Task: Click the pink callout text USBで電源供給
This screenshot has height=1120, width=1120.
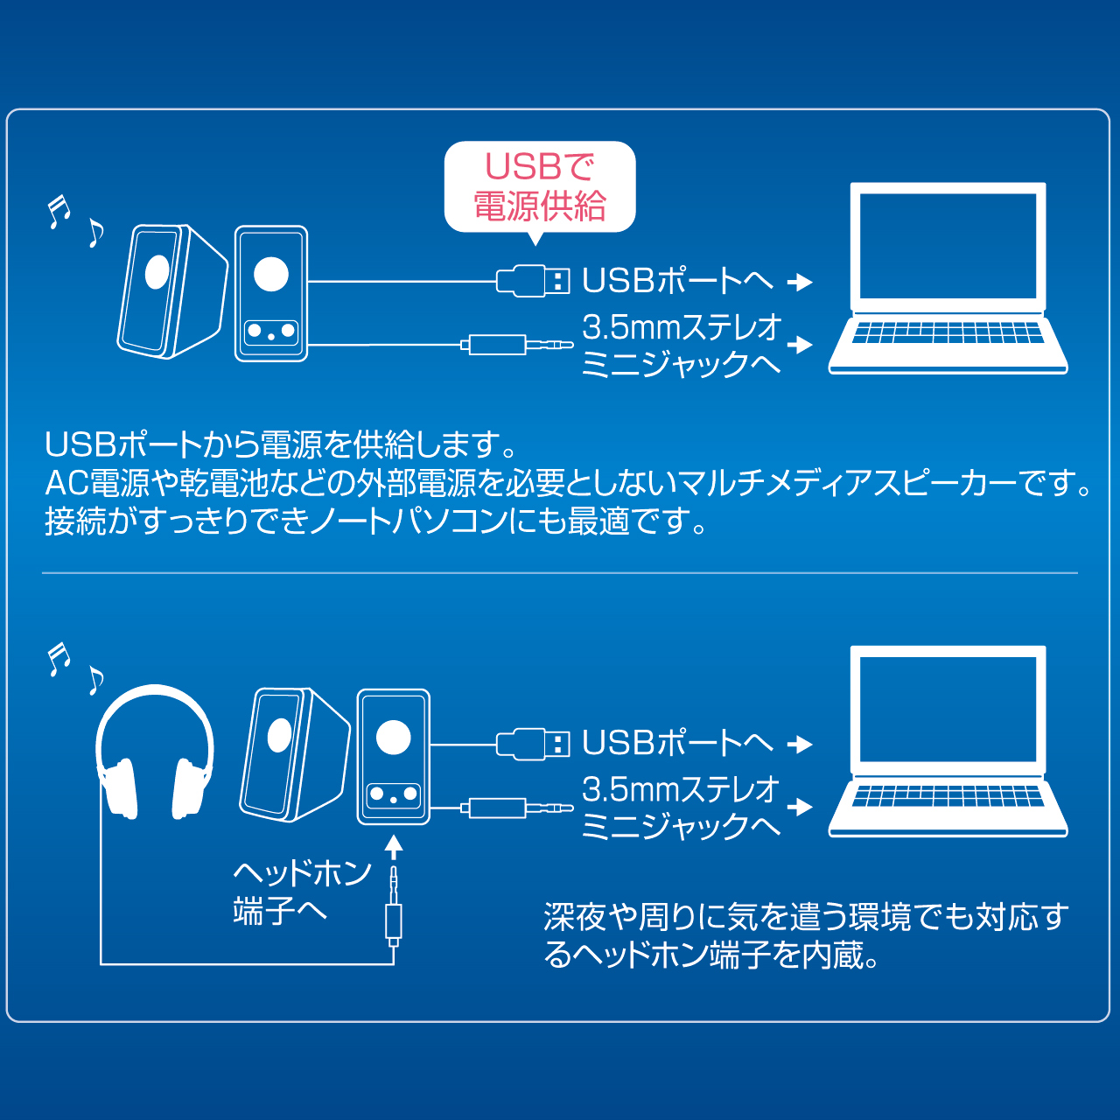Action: click(x=539, y=186)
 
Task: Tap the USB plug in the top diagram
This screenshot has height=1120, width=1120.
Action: click(x=532, y=281)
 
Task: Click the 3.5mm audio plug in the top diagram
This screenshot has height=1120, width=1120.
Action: click(x=517, y=345)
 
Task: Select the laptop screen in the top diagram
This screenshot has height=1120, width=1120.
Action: click(x=948, y=246)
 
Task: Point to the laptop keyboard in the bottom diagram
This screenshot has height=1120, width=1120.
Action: click(x=948, y=795)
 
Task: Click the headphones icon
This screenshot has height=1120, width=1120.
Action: click(x=155, y=752)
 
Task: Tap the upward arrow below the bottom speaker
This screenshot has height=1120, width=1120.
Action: click(x=394, y=847)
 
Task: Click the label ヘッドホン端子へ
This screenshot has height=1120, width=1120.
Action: click(x=302, y=892)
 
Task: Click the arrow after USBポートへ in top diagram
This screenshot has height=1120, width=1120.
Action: click(x=800, y=283)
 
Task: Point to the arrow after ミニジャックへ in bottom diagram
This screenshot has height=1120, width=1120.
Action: click(x=800, y=808)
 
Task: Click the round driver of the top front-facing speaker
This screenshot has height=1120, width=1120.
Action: click(x=271, y=274)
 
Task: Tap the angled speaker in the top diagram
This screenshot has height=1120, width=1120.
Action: click(x=172, y=291)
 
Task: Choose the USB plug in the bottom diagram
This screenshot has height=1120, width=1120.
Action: click(x=532, y=744)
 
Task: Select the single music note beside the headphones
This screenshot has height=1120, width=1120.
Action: click(x=96, y=681)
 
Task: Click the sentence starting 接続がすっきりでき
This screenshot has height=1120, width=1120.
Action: click(x=375, y=521)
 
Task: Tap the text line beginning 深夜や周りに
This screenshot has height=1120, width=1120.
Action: click(x=806, y=917)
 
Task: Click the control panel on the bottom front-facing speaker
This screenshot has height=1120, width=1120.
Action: click(x=394, y=794)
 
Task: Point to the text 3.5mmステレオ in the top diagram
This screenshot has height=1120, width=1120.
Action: click(x=681, y=328)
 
